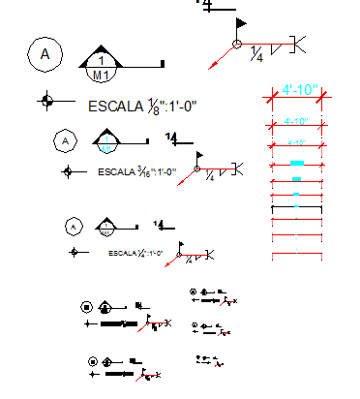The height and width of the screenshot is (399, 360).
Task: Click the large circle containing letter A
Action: tap(45, 55)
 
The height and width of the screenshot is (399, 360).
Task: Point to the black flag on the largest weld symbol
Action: tap(242, 21)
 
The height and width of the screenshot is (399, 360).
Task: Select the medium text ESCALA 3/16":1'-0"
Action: tap(137, 171)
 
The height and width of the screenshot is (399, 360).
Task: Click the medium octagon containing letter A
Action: tap(66, 141)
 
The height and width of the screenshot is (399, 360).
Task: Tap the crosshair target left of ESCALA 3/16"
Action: tap(67, 171)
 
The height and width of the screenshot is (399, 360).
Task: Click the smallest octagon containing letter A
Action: tap(72, 228)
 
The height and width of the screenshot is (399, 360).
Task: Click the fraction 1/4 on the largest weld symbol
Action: tap(256, 54)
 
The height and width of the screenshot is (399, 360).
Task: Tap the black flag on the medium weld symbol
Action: tap(201, 154)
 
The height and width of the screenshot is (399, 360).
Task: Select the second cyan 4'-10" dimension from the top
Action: tap(296, 121)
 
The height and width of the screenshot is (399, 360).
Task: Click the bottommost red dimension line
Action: tap(296, 255)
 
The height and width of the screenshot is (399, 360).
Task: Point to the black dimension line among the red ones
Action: tap(296, 207)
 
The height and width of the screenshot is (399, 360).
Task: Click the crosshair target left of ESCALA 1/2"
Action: tap(73, 253)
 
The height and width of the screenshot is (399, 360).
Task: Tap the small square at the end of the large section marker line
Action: tap(162, 64)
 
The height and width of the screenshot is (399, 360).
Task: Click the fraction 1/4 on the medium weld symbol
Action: tap(210, 177)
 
